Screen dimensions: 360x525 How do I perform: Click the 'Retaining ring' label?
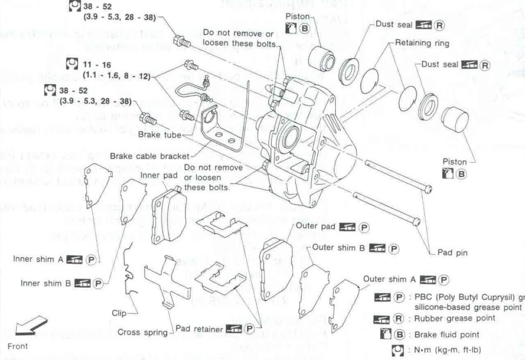pyautogui.click(x=422, y=43)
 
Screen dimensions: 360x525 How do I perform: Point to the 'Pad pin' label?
pyautogui.click(x=452, y=252)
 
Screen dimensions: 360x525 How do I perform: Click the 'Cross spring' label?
pyautogui.click(x=143, y=332)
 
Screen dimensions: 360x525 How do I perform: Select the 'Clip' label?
pyautogui.click(x=119, y=313)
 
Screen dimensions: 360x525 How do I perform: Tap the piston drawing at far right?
pyautogui.click(x=455, y=119)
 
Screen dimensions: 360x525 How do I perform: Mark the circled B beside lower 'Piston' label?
pyautogui.click(x=461, y=174)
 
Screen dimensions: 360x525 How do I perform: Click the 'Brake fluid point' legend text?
pyautogui.click(x=448, y=334)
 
